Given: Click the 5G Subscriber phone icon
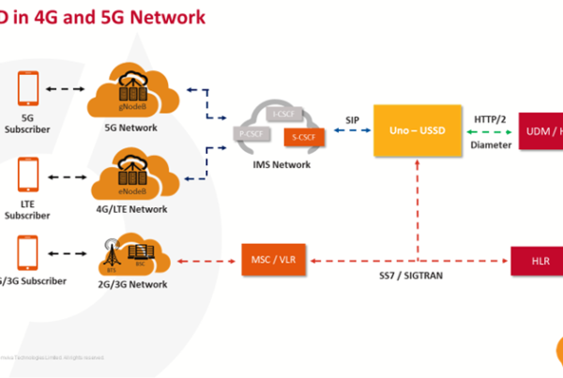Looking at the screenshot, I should pos(28,90).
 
